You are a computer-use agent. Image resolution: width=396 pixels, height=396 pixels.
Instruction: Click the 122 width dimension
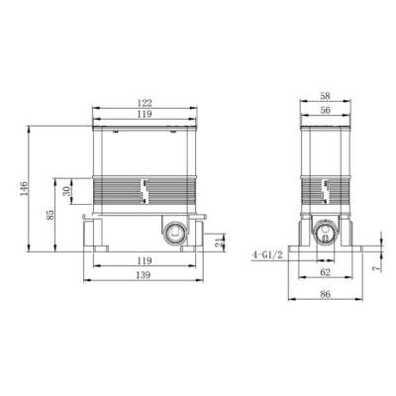145,103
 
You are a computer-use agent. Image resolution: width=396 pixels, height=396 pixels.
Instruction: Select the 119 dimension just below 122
145,114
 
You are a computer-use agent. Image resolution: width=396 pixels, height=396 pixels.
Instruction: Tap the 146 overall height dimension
24,188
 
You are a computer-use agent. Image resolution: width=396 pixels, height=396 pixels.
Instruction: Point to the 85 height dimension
50,215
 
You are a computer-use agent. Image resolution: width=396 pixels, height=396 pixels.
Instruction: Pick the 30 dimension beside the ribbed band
66,191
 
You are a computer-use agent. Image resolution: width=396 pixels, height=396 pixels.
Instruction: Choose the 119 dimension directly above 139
145,260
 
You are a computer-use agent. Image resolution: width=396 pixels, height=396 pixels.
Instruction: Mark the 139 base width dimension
144,274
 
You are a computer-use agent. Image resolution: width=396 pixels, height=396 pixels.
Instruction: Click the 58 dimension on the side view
325,96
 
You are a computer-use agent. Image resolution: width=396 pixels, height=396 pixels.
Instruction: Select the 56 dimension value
325,110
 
